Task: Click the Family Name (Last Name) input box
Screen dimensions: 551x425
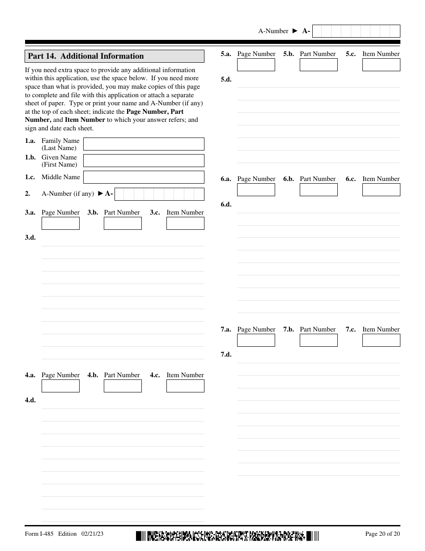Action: click(144, 144)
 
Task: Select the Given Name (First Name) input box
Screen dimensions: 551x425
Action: click(144, 160)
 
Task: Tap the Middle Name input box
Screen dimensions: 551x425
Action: click(144, 177)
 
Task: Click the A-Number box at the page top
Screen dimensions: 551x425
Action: click(356, 31)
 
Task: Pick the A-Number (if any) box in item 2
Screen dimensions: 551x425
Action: click(159, 194)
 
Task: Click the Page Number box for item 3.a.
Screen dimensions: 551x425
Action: click(60, 223)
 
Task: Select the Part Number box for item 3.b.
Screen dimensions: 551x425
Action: click(123, 223)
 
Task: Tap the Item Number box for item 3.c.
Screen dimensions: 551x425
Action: click(185, 223)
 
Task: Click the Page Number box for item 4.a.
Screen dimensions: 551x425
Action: click(60, 386)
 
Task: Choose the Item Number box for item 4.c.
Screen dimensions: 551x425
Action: click(185, 386)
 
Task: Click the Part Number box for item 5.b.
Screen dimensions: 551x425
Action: click(319, 65)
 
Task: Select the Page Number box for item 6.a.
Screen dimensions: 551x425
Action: click(256, 189)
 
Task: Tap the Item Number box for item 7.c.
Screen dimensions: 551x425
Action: click(381, 340)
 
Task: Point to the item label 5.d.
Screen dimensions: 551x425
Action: click(226, 79)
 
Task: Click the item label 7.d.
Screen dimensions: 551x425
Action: click(226, 354)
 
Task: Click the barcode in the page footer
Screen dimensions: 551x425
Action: click(227, 535)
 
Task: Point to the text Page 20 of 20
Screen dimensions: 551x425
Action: click(382, 534)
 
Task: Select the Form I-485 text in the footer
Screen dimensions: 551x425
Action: click(39, 534)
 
